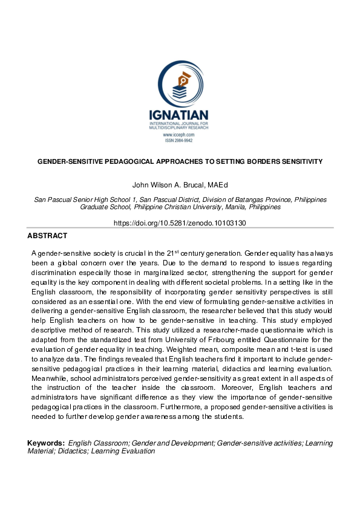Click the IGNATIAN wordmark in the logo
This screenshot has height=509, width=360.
coord(180,115)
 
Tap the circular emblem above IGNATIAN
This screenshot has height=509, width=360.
coord(180,83)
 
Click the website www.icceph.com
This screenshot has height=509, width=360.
coord(179,135)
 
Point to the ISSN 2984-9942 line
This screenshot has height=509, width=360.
coord(179,140)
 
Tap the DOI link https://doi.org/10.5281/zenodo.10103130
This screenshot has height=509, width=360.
coord(180,222)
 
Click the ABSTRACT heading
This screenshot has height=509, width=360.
coord(47,236)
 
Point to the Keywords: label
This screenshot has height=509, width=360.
coord(46,443)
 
